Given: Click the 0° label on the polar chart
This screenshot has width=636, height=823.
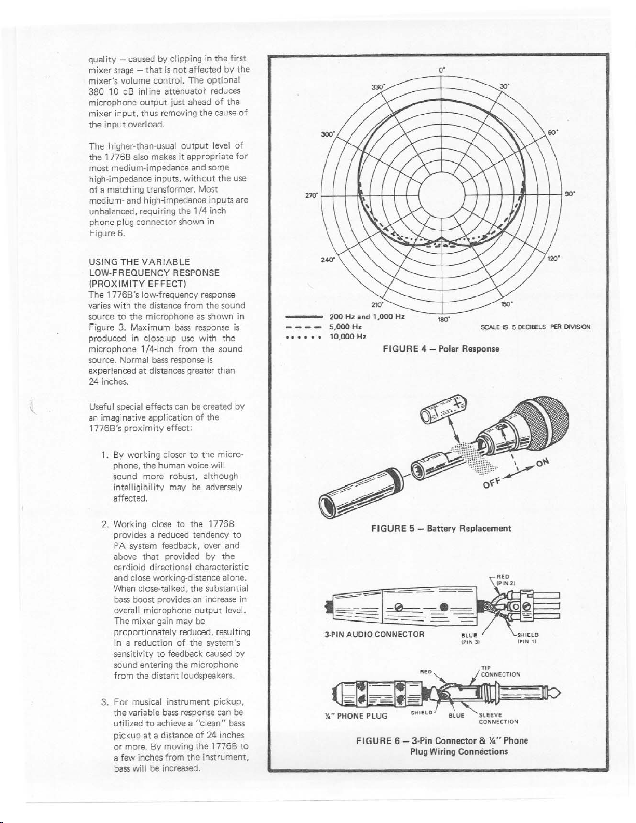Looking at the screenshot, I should (440, 68).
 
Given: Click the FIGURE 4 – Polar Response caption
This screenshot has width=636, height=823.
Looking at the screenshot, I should (441, 348).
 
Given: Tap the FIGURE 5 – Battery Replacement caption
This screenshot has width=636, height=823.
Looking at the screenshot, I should (441, 529).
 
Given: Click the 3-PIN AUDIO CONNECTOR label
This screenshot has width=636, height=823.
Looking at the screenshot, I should (374, 635).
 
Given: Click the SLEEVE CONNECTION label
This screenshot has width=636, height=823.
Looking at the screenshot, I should (498, 718).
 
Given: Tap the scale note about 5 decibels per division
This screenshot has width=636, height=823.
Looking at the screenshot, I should (535, 327).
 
